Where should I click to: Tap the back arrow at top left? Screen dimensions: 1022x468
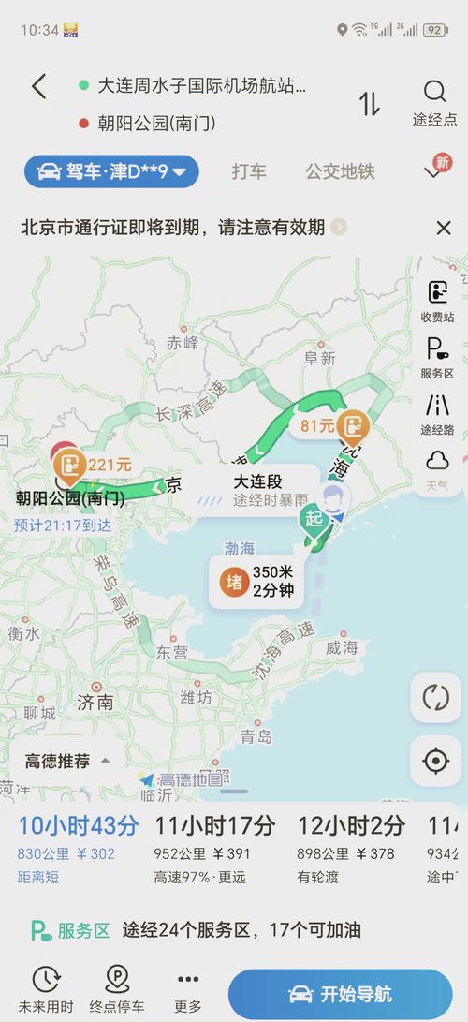[x=38, y=87]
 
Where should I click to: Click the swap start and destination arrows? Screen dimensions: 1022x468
[x=369, y=103]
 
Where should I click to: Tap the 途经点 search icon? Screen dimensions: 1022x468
[x=435, y=92]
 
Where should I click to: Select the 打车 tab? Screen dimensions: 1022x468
[x=249, y=171]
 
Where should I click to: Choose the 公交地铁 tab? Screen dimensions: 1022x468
[x=340, y=171]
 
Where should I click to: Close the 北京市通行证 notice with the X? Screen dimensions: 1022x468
[x=444, y=227]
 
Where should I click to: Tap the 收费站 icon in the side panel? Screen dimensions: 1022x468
[x=437, y=292]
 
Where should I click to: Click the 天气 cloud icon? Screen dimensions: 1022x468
[x=437, y=461]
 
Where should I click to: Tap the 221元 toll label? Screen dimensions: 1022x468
[x=109, y=464]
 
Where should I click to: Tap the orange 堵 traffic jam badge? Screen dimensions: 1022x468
[x=234, y=583]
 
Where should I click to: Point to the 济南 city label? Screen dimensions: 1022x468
[x=95, y=702]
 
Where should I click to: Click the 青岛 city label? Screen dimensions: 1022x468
[x=256, y=736]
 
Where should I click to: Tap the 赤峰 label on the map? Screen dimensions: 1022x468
[x=183, y=343]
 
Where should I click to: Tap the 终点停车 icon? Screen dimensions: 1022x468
[x=117, y=989]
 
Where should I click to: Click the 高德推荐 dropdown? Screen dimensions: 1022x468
[x=68, y=761]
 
